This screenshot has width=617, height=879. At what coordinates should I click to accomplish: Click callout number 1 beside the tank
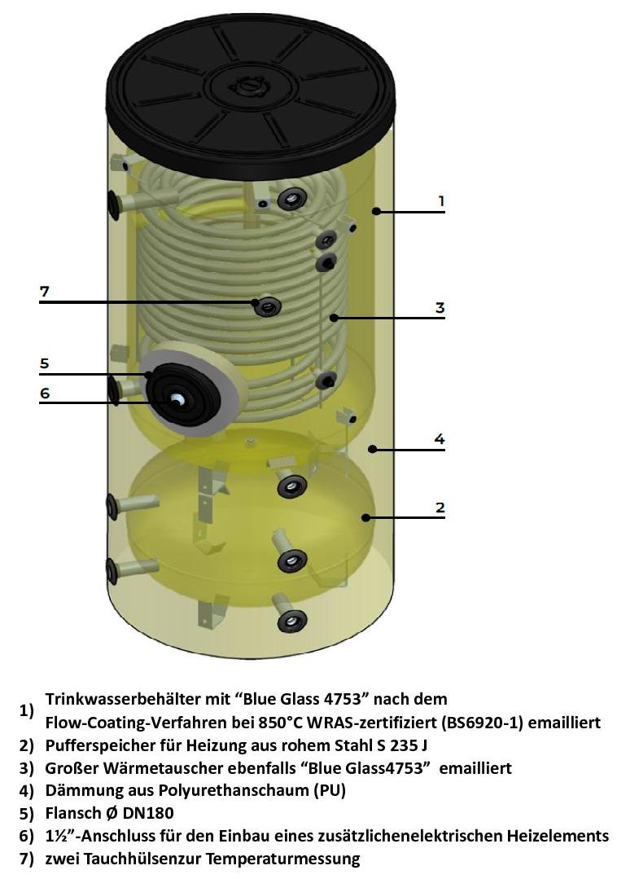441,200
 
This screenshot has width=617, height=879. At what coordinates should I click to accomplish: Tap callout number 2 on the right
440,508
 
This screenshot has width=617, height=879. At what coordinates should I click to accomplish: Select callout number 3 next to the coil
440,307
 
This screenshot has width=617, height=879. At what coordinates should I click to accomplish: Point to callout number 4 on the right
440,438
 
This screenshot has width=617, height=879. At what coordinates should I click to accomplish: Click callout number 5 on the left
44,363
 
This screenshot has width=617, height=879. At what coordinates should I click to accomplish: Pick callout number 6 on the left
45,393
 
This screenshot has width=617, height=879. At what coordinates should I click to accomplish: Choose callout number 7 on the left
44,292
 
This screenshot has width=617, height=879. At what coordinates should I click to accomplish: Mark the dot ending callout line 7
256,303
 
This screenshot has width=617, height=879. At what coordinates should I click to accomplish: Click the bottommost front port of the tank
292,620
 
